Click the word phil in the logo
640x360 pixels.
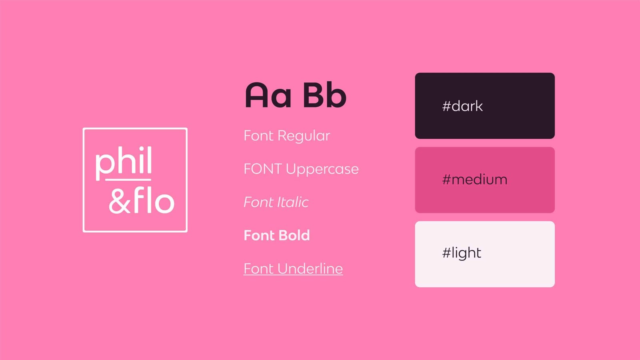coord(124,162)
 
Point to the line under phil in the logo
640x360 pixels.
coord(128,180)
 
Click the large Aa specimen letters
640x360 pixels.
coord(268,96)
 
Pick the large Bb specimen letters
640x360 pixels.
coord(324,96)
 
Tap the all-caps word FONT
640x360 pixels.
coord(262,169)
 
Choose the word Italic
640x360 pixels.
coord(293,202)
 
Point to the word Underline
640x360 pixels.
coord(310,269)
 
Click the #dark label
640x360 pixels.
coord(462,106)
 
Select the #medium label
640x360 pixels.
coord(475,180)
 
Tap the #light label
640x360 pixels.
coord(462,253)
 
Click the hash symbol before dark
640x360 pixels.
coord(446,106)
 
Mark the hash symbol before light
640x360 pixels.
coord(446,253)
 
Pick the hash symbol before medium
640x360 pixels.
coord(446,180)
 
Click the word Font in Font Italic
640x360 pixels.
coord(258,202)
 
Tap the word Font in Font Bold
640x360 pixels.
coord(259,236)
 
